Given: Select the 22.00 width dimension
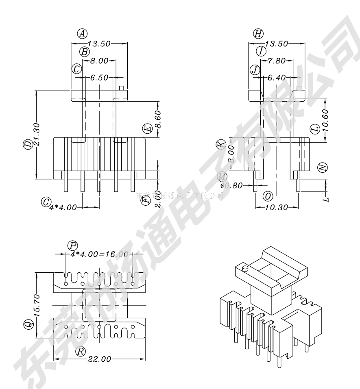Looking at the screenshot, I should (x=99, y=359).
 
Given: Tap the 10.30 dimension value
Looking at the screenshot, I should (x=277, y=207).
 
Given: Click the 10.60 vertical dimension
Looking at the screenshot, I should (x=325, y=118).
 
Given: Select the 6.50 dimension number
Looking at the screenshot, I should (x=99, y=77).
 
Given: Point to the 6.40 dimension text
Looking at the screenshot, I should (x=277, y=77).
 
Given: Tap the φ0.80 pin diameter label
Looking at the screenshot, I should (x=232, y=186).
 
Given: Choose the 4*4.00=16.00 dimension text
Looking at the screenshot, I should (x=99, y=254).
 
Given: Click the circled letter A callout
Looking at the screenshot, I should (x=83, y=34).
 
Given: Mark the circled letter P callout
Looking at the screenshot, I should (x=73, y=245).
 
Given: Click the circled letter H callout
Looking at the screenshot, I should (x=258, y=34).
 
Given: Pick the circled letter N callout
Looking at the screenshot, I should (x=323, y=167).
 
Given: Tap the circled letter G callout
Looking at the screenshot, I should (x=46, y=201).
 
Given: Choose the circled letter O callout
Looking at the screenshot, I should (x=268, y=196).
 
